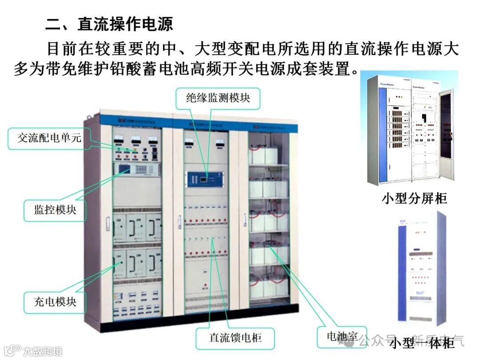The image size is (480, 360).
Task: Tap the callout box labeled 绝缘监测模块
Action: click(218, 98)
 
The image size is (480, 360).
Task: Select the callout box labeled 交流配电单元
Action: click(49, 138)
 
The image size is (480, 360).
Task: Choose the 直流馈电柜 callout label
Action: click(236, 338)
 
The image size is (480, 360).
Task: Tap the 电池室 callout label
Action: click(342, 336)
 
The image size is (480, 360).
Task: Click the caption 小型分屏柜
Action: click(414, 198)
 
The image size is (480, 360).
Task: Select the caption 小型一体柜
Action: click(422, 344)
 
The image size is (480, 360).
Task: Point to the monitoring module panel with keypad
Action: click(137, 169)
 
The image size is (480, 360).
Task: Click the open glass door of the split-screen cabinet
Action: click(446, 133)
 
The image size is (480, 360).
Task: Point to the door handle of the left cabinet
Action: click(107, 220)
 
